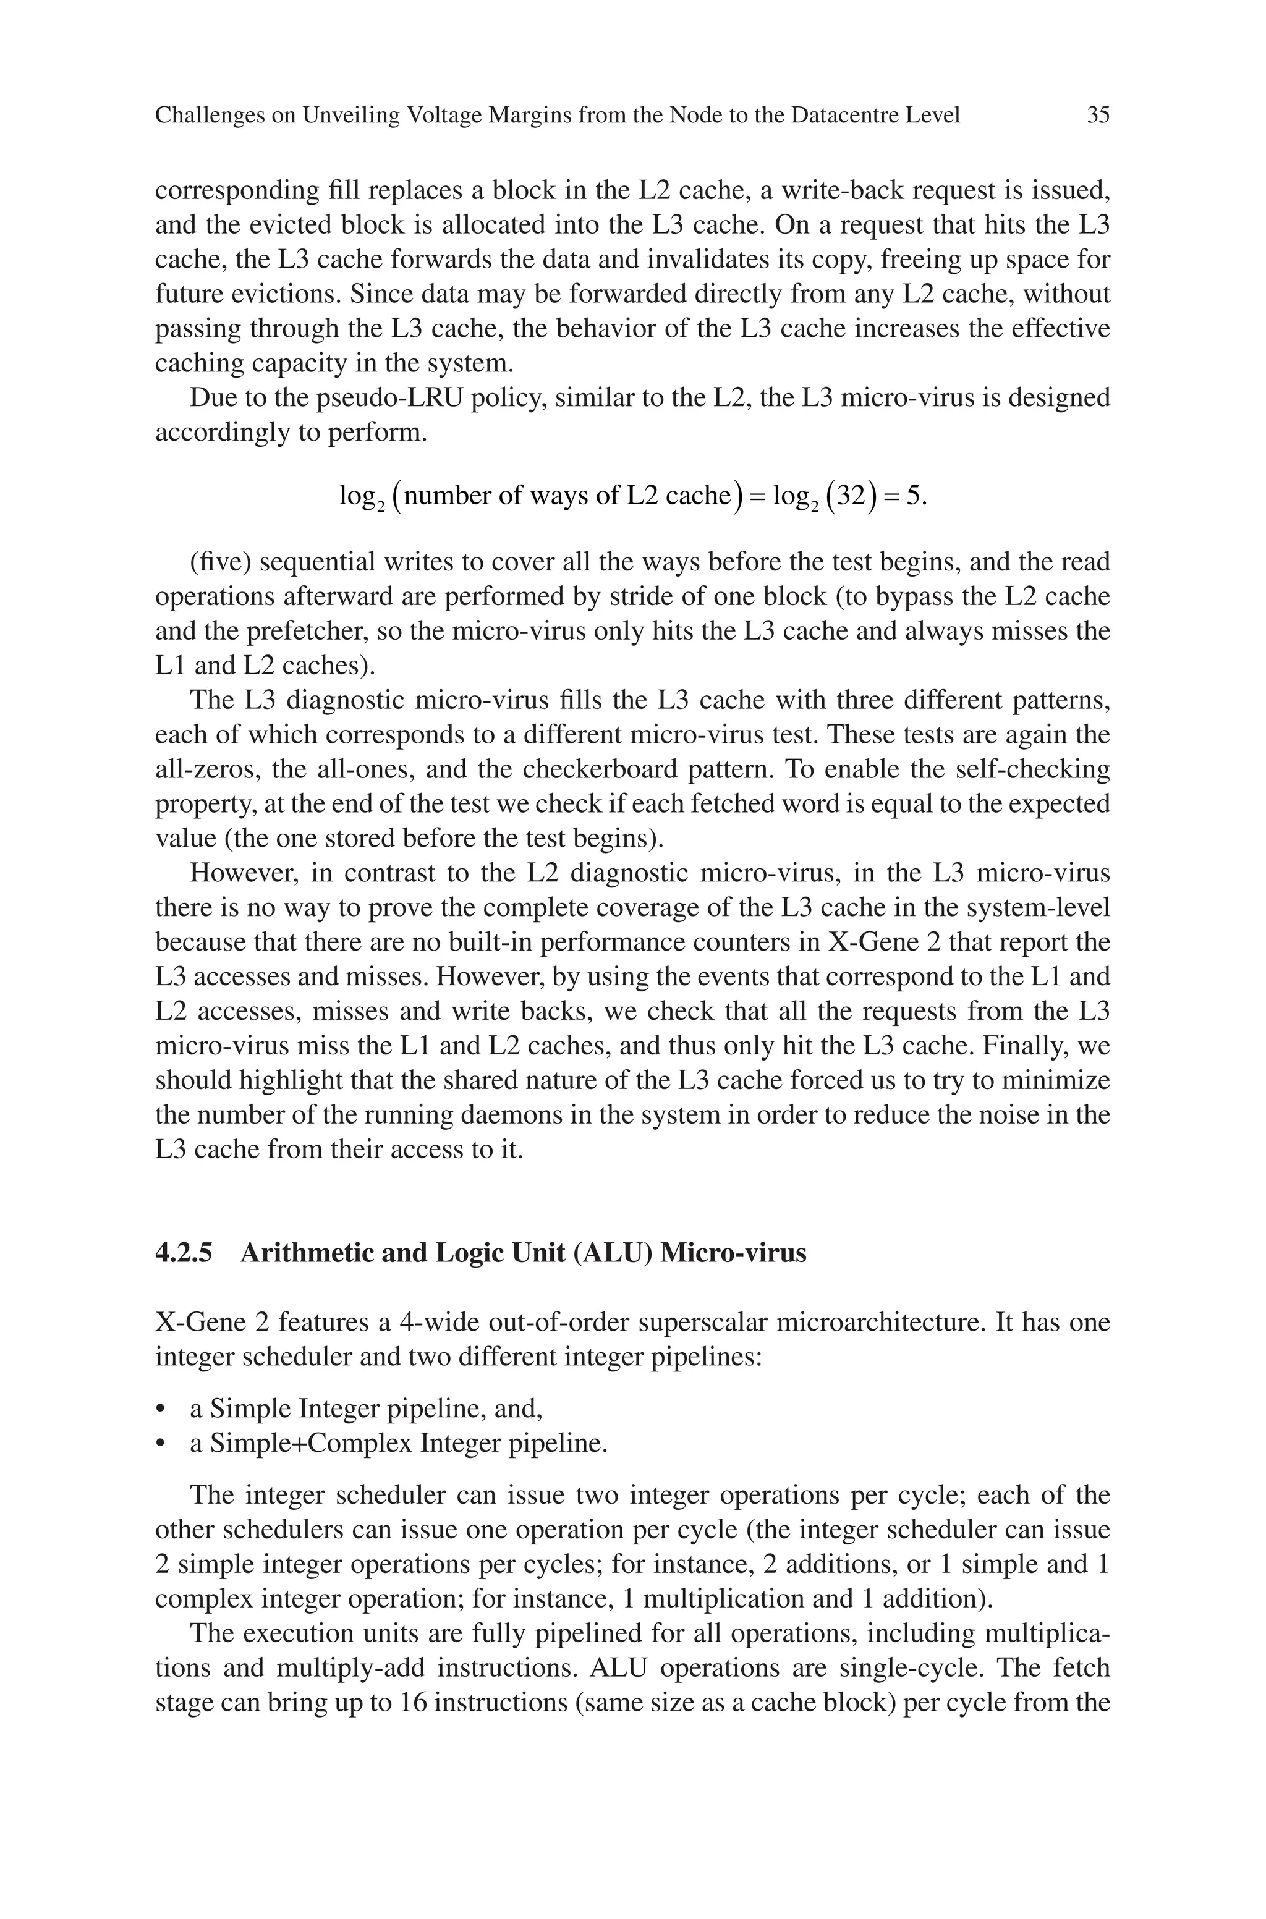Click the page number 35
tap(1098, 116)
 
